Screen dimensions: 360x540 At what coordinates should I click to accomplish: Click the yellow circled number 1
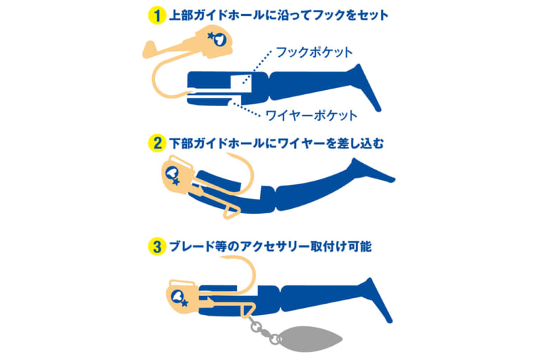point(155,14)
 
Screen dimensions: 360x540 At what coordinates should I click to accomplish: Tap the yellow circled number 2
point(155,143)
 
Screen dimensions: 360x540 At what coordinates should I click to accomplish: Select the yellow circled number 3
point(155,247)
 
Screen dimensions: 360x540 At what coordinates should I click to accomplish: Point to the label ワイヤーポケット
point(311,115)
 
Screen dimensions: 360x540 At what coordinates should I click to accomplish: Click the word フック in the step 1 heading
point(326,14)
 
